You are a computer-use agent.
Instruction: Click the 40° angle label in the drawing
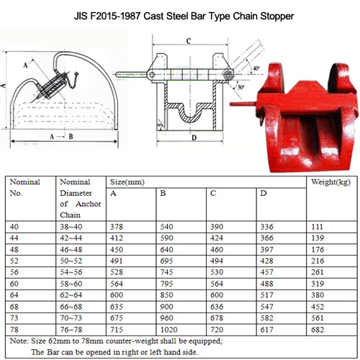pyautogui.click(x=256, y=69)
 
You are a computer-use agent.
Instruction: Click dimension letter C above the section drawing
pyautogui.click(x=189, y=42)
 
